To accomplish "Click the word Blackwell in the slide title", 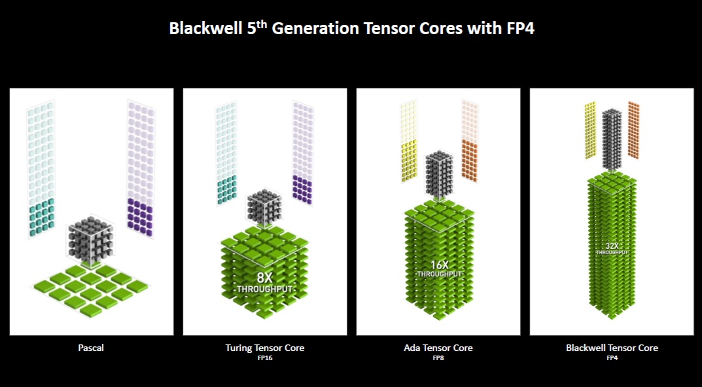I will click(x=200, y=29).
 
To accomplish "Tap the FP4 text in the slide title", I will click(x=518, y=29).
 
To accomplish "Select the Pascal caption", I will click(x=92, y=348).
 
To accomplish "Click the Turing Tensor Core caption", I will click(x=265, y=348).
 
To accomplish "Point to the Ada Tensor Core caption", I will click(x=438, y=348).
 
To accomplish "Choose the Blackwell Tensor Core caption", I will click(x=612, y=348).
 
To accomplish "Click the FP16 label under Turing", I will click(x=265, y=358).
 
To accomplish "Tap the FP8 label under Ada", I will click(x=438, y=358).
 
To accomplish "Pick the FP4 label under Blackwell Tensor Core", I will click(x=612, y=358).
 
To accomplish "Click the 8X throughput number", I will click(x=264, y=277).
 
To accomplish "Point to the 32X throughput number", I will click(x=612, y=246).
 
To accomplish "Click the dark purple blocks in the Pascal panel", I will click(x=140, y=217).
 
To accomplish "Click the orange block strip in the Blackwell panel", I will click(x=633, y=129).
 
